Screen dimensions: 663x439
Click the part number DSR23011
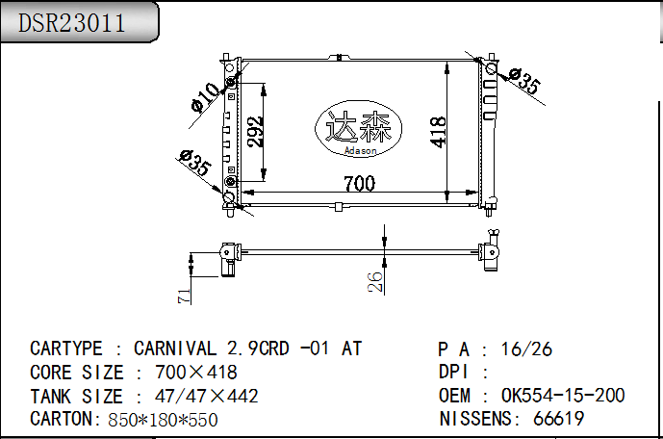point(71,23)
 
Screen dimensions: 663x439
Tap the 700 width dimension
point(359,184)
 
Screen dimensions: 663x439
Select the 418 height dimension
point(438,132)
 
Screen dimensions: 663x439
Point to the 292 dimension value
point(255,132)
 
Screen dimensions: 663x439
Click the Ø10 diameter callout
point(205,97)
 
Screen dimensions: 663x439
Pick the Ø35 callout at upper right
point(524,80)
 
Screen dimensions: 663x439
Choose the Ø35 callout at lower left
point(194,163)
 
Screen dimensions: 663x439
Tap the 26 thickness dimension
point(375,282)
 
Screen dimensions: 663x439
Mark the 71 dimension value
point(185,297)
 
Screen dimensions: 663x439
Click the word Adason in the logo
point(360,150)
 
